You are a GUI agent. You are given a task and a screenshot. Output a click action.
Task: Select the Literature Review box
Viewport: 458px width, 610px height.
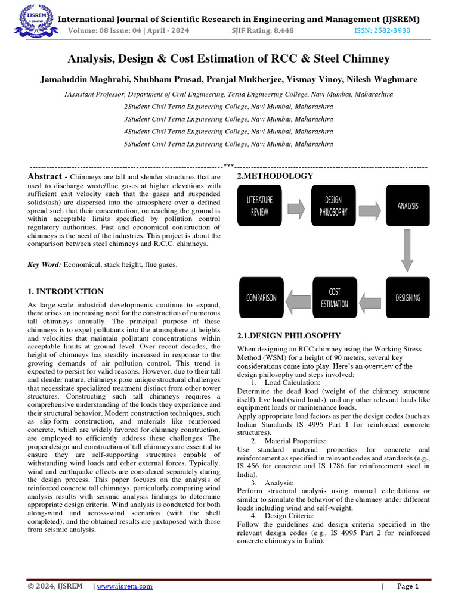pos(259,206)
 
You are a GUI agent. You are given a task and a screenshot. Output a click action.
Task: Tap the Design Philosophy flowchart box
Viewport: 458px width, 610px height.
pos(333,206)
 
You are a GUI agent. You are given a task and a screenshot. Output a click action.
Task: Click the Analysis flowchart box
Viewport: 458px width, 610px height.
pos(407,206)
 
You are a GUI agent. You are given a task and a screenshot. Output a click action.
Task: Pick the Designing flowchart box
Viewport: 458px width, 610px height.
pos(407,297)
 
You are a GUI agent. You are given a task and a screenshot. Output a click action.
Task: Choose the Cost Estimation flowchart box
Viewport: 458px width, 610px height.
pos(335,297)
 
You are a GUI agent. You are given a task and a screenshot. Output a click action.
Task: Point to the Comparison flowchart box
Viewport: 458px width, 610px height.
pos(261,297)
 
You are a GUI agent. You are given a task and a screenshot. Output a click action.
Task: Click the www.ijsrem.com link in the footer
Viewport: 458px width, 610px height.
pos(125,586)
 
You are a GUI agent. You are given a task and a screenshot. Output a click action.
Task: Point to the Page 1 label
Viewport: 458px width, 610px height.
pos(408,586)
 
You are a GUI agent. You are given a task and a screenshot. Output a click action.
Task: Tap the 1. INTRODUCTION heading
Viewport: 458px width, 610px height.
pos(66,291)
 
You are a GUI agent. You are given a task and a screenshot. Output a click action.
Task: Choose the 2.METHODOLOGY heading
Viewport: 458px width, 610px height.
pos(275,176)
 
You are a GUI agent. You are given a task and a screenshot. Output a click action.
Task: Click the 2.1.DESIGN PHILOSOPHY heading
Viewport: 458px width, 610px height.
pos(289,335)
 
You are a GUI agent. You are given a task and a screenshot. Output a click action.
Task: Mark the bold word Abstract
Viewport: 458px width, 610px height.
pos(45,176)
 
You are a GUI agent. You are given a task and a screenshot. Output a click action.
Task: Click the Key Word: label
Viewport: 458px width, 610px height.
pos(45,264)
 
